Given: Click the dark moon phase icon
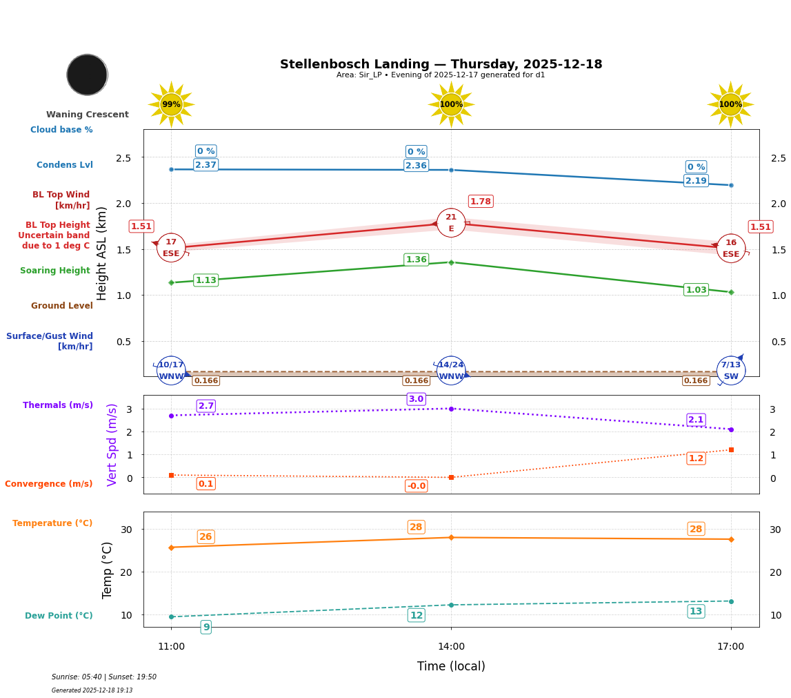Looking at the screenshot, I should click(x=87, y=75).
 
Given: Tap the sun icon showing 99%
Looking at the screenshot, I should click(x=171, y=104).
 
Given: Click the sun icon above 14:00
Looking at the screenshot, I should click(x=451, y=104).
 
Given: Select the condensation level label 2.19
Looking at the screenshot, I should click(x=696, y=181).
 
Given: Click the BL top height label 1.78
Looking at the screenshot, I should click(x=481, y=202).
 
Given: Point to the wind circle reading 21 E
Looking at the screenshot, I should click(x=451, y=223).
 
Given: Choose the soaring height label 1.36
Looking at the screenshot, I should click(x=416, y=260).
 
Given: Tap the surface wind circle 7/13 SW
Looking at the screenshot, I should click(x=731, y=371).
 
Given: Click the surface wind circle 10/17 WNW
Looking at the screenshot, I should click(x=171, y=371).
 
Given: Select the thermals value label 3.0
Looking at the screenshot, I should click(x=416, y=399).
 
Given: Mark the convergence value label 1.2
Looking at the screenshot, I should click(x=696, y=458).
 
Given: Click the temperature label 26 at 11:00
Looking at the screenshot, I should click(x=206, y=537).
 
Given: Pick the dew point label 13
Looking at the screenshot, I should click(x=696, y=612).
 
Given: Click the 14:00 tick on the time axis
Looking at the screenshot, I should click(x=451, y=647).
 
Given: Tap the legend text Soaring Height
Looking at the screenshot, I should click(x=55, y=271).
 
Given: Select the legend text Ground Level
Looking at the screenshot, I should click(x=62, y=307).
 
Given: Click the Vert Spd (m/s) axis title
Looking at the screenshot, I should click(x=112, y=445).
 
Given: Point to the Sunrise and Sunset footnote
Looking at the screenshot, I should click(x=104, y=677).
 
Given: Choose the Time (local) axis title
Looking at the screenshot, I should click(x=451, y=666).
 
